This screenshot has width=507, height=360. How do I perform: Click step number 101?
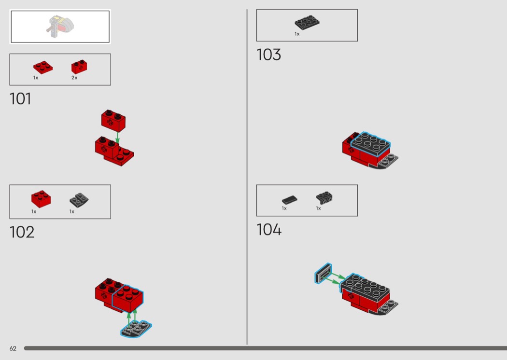tap(20, 98)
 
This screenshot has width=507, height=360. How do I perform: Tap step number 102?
tap(22, 232)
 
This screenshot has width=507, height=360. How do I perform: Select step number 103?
tap(268, 55)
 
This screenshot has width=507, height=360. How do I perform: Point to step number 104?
tap(269, 229)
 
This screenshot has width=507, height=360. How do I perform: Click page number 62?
tap(13, 348)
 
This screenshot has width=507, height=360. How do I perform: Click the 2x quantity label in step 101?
tap(74, 78)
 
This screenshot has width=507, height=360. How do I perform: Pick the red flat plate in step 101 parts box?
tap(43, 67)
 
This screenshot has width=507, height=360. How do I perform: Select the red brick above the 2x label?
tap(79, 67)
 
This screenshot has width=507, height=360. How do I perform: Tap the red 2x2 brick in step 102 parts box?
tap(41, 199)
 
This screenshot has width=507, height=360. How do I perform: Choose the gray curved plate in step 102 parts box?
tap(79, 200)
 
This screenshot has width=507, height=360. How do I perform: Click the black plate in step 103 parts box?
tap(307, 22)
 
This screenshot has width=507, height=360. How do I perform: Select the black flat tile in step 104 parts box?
tap(289, 200)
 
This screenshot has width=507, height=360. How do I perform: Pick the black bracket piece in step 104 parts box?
tap(324, 197)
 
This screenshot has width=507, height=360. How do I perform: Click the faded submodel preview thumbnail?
tap(60, 27)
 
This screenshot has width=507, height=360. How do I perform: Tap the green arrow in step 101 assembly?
tap(117, 137)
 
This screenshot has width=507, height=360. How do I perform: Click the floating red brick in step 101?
tap(113, 121)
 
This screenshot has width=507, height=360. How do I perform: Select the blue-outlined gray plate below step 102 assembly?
tap(136, 329)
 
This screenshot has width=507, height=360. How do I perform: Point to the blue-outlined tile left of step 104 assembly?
tap(324, 274)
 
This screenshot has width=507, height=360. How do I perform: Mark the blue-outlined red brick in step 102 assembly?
tap(128, 298)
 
